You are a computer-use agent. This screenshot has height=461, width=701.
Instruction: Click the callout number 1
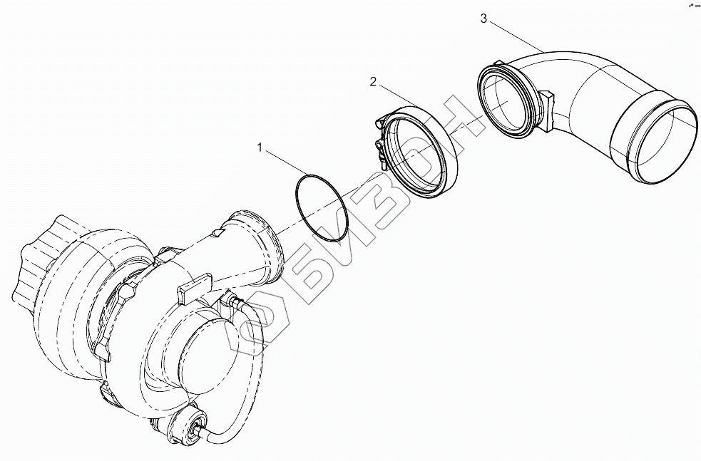click(260, 148)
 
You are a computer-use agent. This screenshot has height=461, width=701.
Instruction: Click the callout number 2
click(372, 82)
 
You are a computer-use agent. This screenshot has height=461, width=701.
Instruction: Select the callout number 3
click(484, 19)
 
